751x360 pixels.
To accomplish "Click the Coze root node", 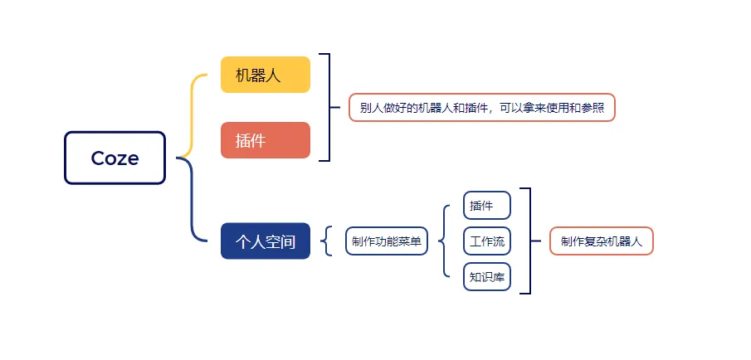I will (115, 158).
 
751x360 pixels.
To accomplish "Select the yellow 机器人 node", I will (265, 75).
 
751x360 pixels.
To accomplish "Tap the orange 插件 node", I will (265, 140).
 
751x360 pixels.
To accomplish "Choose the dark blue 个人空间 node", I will (265, 241).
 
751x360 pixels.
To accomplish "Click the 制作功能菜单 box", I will (387, 241).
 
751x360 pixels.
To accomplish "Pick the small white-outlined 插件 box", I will (486, 205).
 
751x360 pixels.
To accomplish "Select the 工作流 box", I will (486, 241).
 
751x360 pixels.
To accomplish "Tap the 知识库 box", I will (486, 277).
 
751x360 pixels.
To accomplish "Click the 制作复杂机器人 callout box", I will (601, 241).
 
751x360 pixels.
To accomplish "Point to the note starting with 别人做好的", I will (481, 108).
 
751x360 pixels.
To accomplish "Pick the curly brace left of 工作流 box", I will (441, 241).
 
